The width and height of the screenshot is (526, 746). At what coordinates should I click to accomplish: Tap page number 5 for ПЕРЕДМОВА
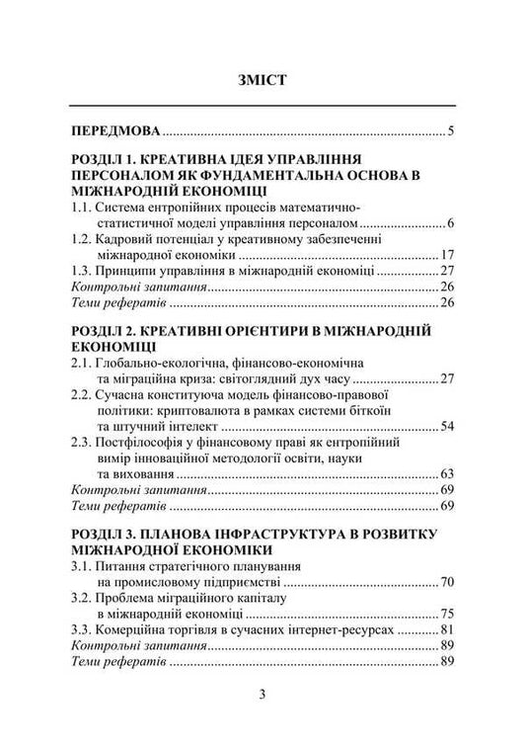(449, 130)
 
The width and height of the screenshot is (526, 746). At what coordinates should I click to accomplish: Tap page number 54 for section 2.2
(445, 426)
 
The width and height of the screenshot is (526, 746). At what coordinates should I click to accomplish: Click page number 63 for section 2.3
(445, 473)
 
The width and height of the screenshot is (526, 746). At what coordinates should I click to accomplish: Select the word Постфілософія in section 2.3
(146, 442)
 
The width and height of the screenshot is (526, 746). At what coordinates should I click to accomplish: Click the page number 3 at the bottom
(263, 695)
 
